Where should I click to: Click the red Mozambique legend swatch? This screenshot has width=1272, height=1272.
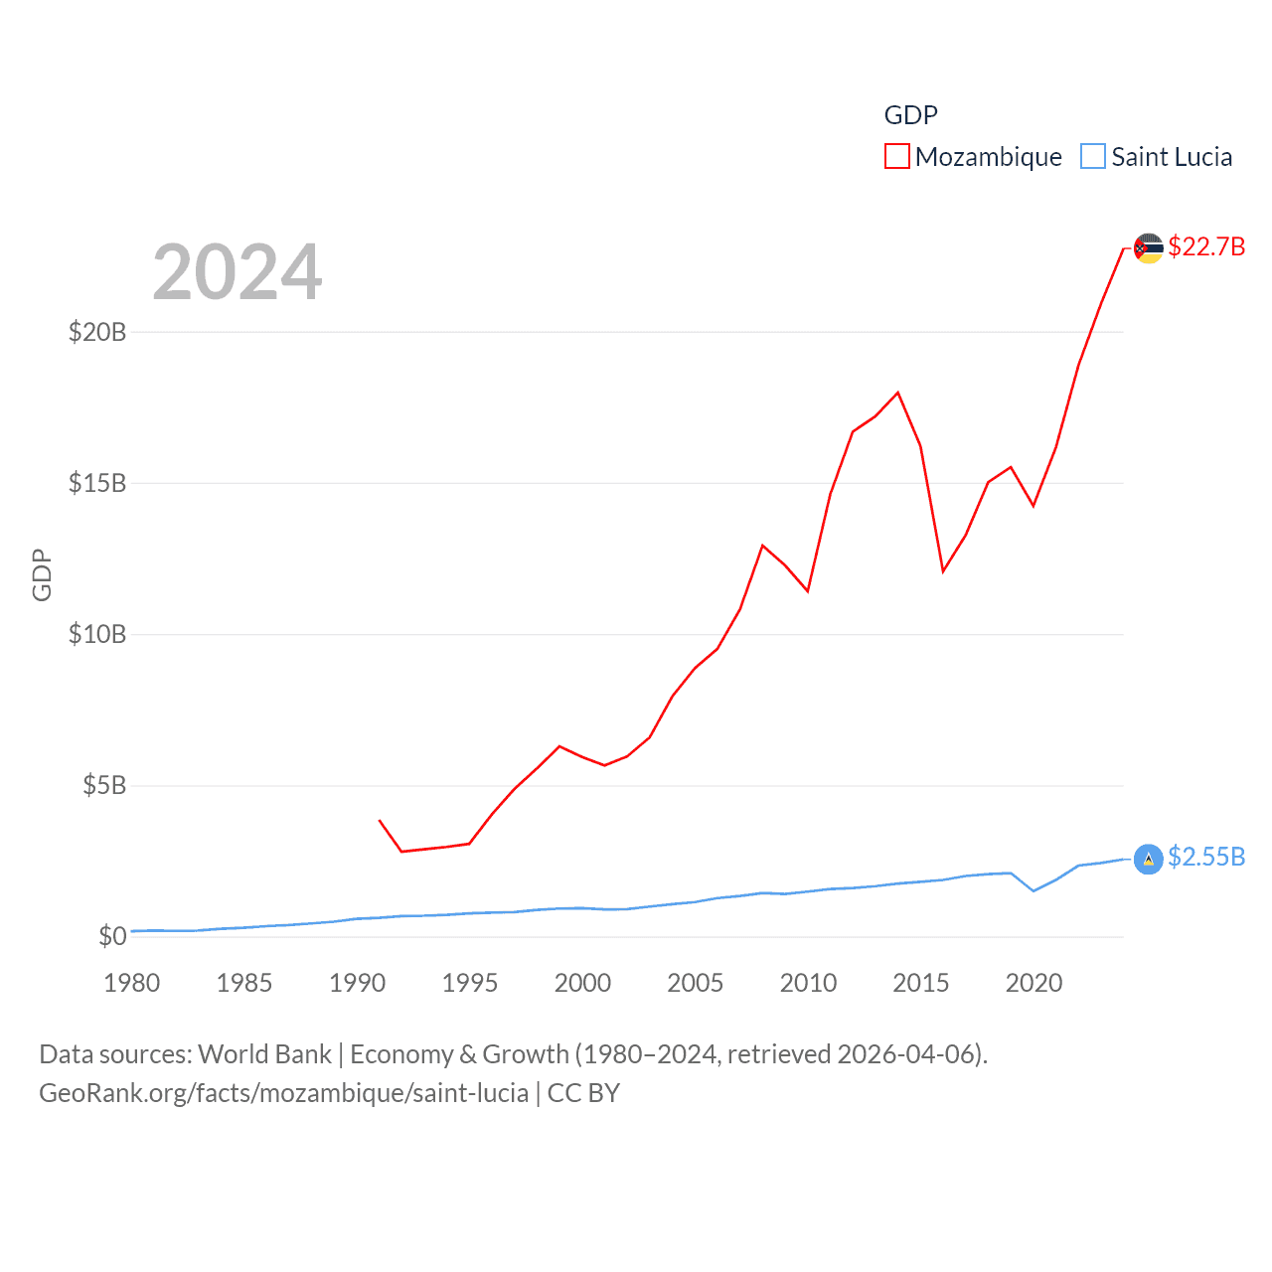click(x=896, y=157)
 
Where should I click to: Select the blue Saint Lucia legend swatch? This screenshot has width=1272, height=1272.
click(x=1092, y=157)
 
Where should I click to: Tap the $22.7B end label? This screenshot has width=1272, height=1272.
click(x=1206, y=246)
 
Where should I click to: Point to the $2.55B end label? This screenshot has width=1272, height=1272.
click(x=1206, y=857)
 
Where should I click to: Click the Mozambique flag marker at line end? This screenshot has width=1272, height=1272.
click(x=1149, y=248)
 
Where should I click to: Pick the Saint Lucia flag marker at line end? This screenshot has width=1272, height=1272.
click(x=1149, y=859)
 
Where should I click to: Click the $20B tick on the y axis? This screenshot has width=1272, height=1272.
click(x=97, y=332)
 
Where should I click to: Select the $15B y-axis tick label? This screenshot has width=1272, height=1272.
click(x=97, y=483)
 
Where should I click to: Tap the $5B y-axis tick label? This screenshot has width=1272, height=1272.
click(x=104, y=786)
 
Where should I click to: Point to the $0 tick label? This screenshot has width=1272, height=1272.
click(x=112, y=936)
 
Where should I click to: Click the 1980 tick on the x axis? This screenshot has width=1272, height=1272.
click(x=132, y=983)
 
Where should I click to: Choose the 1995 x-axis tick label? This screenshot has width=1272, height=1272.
click(x=470, y=983)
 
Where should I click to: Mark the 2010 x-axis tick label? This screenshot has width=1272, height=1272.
click(x=808, y=983)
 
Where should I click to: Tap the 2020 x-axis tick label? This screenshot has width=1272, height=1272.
click(x=1033, y=983)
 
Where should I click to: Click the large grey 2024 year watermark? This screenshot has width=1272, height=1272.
click(x=238, y=272)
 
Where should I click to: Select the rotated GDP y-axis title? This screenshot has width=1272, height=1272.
click(x=42, y=574)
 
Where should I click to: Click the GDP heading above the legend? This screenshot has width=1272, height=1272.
click(x=910, y=115)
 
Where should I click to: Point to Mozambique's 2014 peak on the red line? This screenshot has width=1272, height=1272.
click(x=898, y=393)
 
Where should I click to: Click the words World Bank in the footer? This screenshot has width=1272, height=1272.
click(x=264, y=1054)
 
